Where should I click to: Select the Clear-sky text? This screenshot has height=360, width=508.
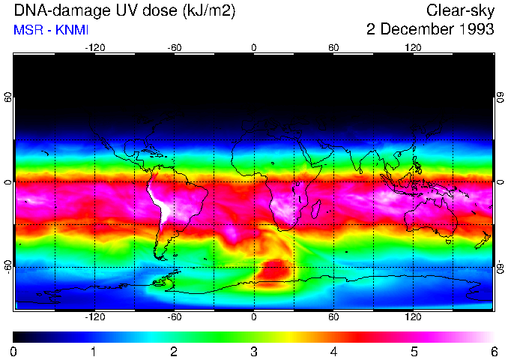tap(459, 11)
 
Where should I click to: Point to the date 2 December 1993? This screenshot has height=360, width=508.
tap(430, 30)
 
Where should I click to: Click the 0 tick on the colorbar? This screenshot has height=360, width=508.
tap(13, 351)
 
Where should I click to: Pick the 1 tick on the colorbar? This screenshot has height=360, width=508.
tap(93, 351)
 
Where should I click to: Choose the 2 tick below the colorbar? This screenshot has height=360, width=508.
tap(173, 351)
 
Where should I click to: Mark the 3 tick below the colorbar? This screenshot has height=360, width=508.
tap(253, 351)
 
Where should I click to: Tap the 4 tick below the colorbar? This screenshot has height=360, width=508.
tap(333, 351)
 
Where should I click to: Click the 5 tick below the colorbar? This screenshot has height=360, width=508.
tap(414, 351)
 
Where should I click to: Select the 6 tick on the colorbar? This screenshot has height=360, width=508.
tap(493, 351)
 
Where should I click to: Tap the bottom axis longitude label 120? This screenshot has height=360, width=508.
tap(414, 317)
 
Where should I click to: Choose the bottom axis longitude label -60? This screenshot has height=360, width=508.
tap(174, 317)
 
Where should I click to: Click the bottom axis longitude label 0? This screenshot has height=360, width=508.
tap(254, 317)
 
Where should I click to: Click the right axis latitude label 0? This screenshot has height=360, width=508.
tap(501, 182)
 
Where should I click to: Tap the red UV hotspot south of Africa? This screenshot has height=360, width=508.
tap(273, 272)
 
